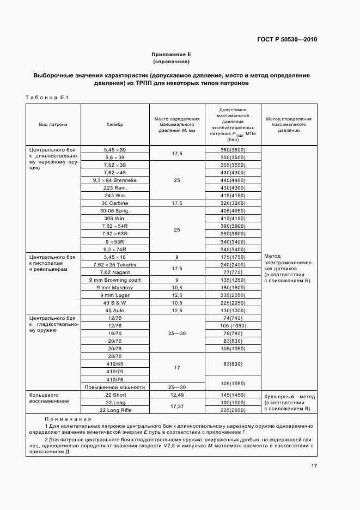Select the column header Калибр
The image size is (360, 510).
click(x=115, y=124)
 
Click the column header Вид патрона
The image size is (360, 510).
click(x=53, y=124)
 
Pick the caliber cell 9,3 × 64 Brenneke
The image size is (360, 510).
click(x=115, y=180)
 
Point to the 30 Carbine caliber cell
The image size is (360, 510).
click(x=115, y=203)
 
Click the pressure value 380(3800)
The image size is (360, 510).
click(x=233, y=149)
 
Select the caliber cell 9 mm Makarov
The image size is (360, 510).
click(x=115, y=287)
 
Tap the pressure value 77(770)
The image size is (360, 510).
click(x=233, y=271)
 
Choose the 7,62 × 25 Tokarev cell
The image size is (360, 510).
click(x=115, y=264)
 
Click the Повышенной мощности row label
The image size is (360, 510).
click(x=115, y=387)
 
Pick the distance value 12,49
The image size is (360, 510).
click(x=177, y=394)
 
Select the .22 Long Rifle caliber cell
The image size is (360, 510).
click(x=115, y=410)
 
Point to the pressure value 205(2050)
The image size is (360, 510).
click(x=233, y=410)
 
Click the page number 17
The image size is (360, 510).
click(x=314, y=466)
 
